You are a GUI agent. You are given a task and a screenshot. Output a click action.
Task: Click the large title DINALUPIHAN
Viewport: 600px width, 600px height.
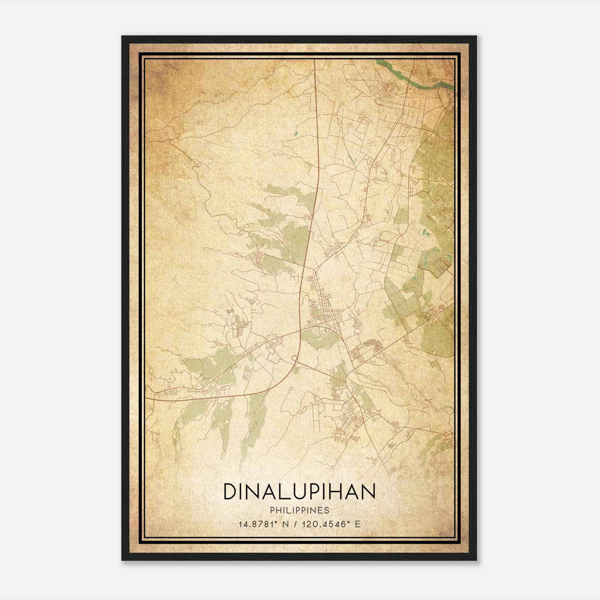point(299,491)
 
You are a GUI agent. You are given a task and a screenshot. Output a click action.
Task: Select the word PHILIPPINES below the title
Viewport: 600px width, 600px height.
point(299,510)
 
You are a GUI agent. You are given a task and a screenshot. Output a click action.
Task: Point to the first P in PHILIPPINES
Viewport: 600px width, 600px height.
point(271,510)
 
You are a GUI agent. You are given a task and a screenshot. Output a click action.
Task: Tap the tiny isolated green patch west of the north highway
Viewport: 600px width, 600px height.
point(295,133)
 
